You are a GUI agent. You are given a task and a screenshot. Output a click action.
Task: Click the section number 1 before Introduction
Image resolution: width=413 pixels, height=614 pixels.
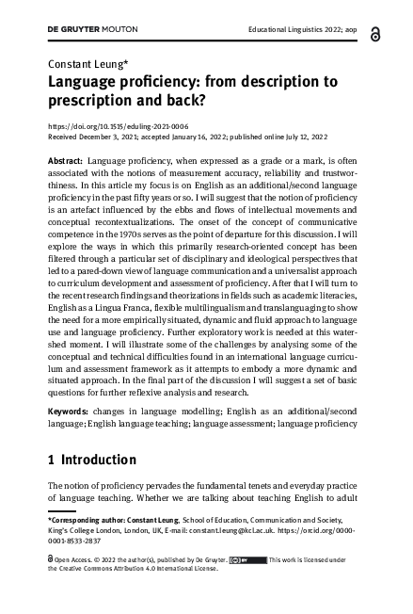[51, 460]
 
